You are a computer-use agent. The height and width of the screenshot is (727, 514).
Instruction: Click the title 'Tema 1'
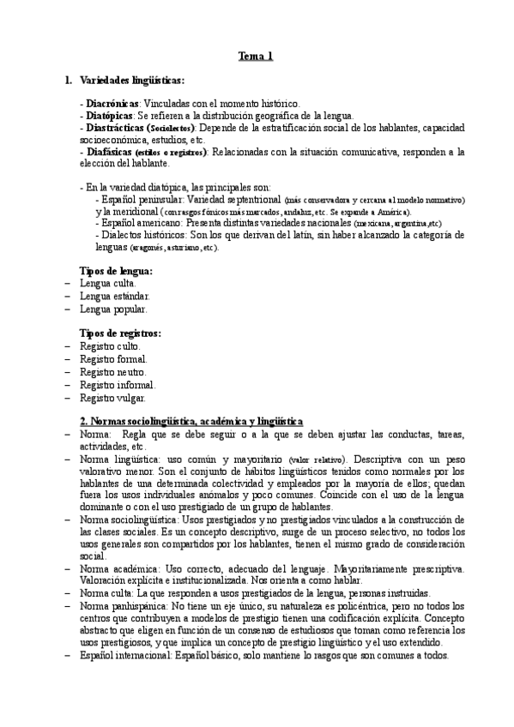coord(257,57)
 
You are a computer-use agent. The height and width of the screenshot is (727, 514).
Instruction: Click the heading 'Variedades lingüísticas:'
coord(131,81)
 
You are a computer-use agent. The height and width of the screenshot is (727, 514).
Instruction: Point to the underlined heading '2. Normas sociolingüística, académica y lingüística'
coord(190,422)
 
